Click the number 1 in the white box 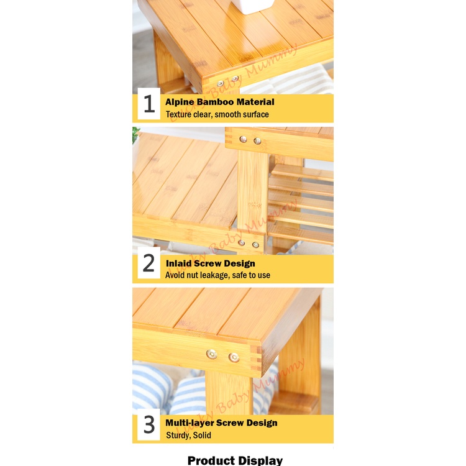149,104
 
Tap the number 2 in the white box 148,263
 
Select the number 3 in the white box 149,424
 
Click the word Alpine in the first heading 180,103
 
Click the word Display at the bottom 260,461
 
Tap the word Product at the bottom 212,460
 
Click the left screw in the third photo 212,354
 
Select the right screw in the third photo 234,357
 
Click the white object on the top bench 252,6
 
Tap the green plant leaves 135,134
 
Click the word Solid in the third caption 202,436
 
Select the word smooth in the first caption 227,114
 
